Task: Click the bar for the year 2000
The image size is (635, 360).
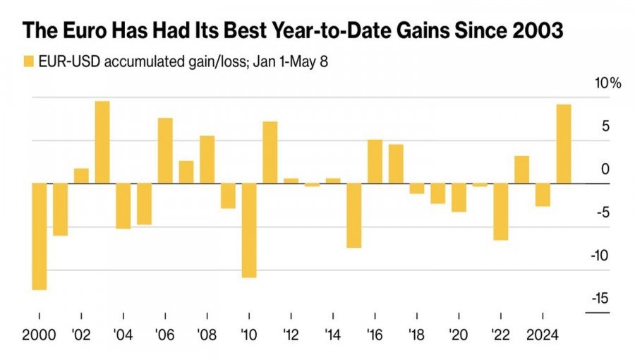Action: [39, 236]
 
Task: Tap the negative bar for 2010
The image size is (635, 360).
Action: [248, 230]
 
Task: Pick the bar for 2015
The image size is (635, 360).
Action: [353, 215]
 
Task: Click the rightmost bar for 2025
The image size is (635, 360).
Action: [564, 144]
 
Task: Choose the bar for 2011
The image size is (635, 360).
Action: [270, 152]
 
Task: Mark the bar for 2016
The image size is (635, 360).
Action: [375, 162]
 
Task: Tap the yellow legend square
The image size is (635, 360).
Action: [28, 61]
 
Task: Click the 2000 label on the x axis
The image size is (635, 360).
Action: [38, 335]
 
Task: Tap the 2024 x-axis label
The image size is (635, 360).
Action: [542, 335]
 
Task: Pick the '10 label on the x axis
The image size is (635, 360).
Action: [248, 335]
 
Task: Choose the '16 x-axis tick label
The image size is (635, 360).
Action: [375, 335]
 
